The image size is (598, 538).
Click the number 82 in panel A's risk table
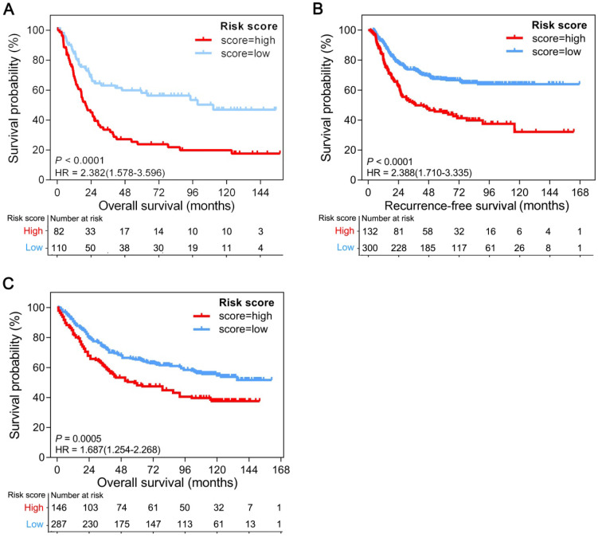(57, 231)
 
